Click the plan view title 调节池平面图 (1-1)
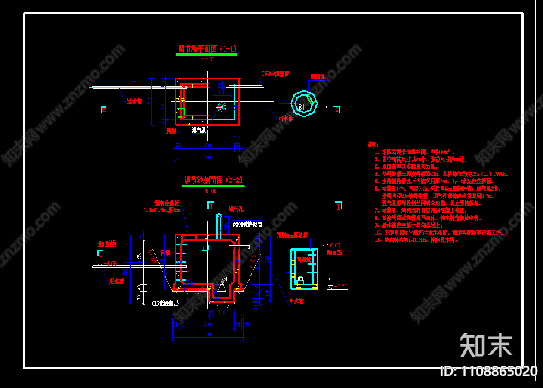(x=207, y=49)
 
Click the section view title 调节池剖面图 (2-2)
(x=213, y=180)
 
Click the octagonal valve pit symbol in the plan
(x=304, y=103)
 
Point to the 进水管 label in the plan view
(x=134, y=102)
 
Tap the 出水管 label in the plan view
(x=286, y=117)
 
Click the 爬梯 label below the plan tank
(x=171, y=130)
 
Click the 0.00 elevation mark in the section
(x=335, y=245)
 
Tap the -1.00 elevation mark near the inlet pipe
(x=111, y=263)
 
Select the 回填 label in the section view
(x=165, y=253)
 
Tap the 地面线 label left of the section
(x=107, y=244)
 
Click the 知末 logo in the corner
(x=486, y=345)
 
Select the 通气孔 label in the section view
(x=236, y=209)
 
